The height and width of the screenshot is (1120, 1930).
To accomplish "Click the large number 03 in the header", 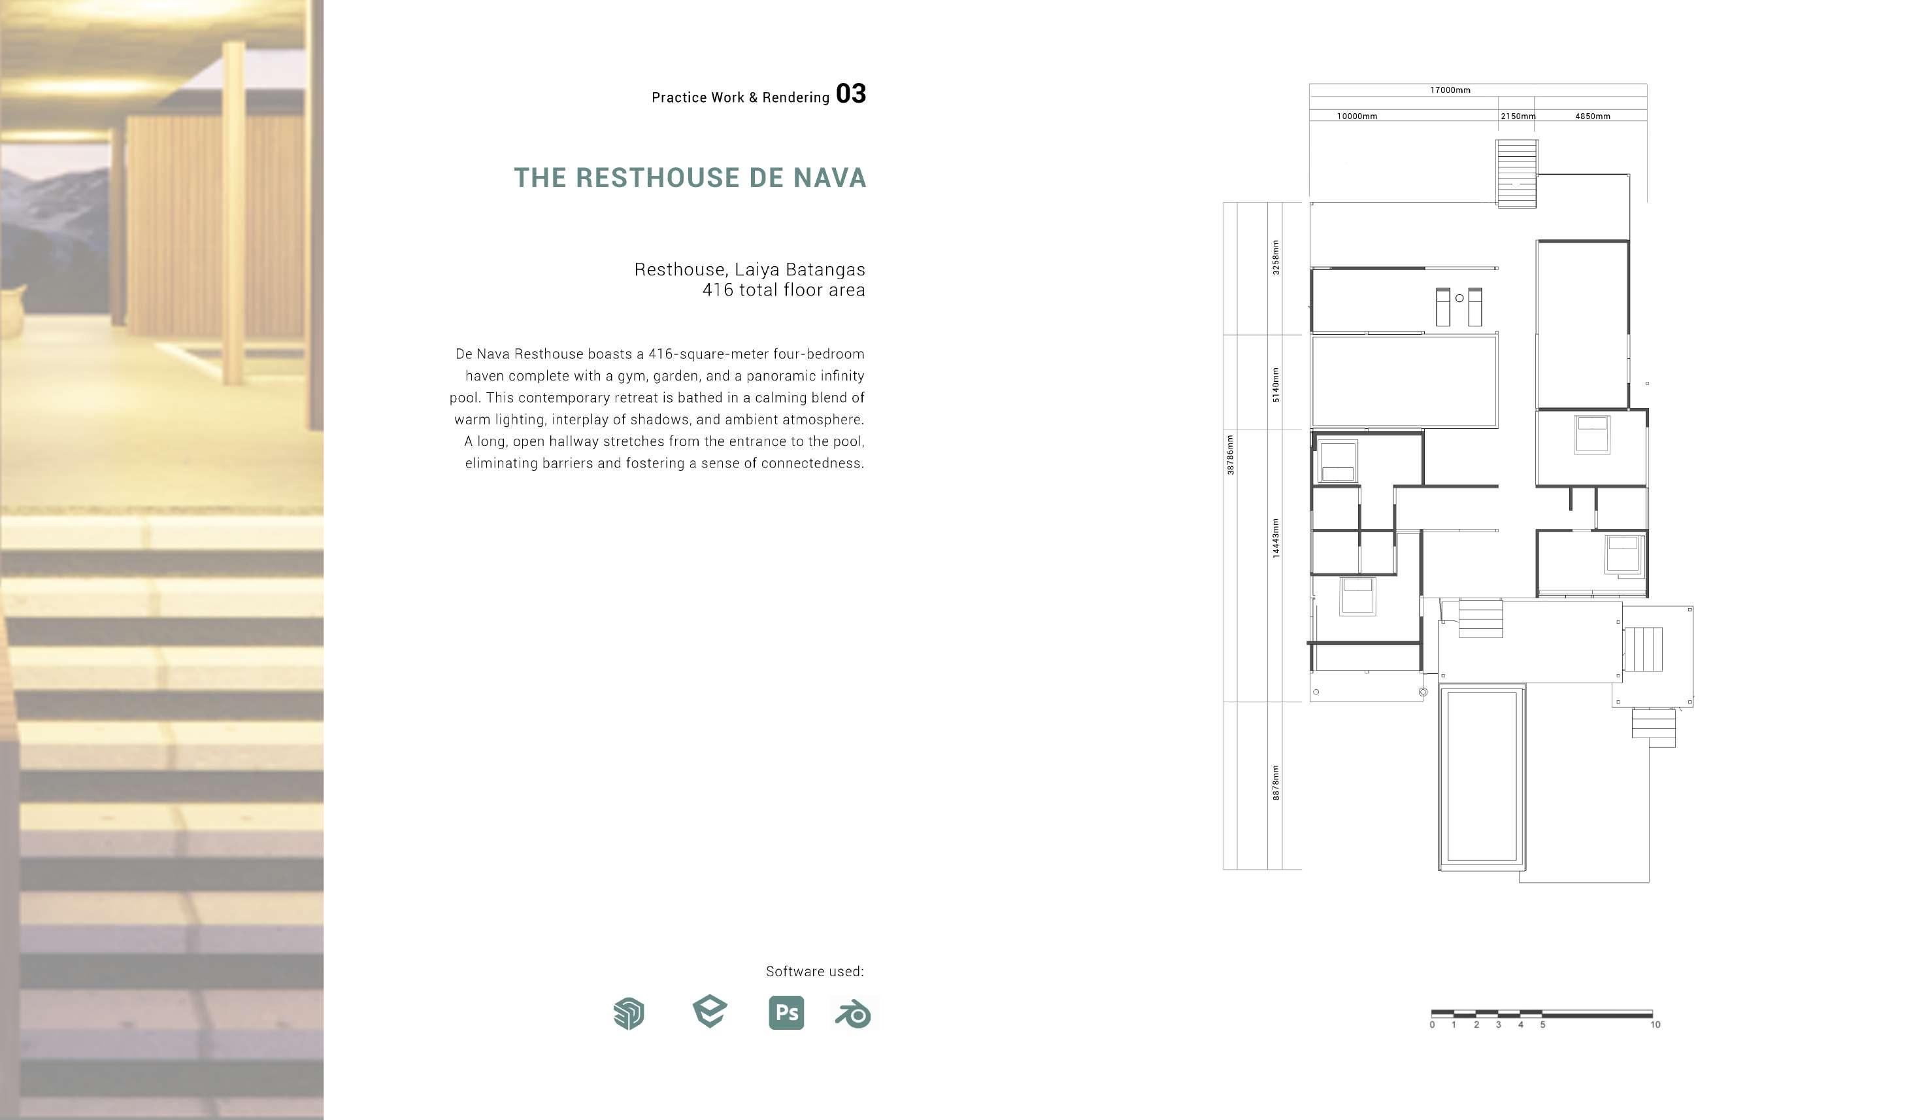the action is click(x=850, y=93).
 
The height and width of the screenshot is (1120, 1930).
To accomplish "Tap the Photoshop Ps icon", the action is click(x=786, y=1013).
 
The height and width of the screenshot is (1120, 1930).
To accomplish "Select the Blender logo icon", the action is click(x=852, y=1013).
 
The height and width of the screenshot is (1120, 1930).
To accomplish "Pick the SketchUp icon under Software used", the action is click(x=629, y=1013).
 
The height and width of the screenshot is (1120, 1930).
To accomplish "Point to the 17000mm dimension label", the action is click(x=1450, y=90).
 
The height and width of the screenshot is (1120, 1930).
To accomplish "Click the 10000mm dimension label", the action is click(x=1356, y=116).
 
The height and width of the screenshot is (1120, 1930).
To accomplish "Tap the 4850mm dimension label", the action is click(x=1592, y=116).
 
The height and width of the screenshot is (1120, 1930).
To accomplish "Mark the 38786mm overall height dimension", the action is click(x=1230, y=455).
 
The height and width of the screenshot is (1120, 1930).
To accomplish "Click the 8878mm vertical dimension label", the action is click(x=1275, y=783).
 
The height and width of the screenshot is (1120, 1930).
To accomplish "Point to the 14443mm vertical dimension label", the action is click(x=1275, y=538).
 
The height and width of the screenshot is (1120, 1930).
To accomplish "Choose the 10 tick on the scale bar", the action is click(x=1655, y=1025).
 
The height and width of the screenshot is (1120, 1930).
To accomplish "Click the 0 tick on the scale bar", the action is click(x=1432, y=1025).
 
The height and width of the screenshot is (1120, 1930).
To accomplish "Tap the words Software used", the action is click(x=814, y=972).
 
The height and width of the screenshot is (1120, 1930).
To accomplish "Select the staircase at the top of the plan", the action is click(x=1516, y=173).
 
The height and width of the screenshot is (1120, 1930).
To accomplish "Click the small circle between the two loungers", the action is click(x=1459, y=298).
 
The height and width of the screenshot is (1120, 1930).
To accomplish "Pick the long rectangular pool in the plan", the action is click(x=1481, y=777).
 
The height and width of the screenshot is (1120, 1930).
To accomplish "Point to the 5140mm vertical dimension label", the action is click(x=1275, y=384).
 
